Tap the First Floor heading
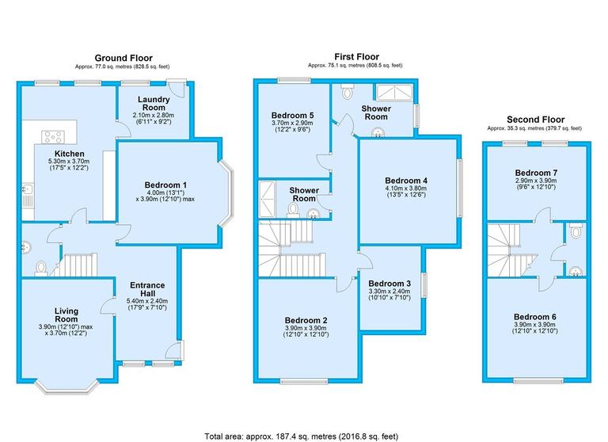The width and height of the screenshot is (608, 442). (355, 57)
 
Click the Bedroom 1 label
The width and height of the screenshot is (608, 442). (165, 185)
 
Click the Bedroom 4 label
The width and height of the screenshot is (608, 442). (407, 180)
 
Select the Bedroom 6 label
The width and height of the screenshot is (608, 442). (535, 317)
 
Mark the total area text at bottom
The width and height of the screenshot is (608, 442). (302, 436)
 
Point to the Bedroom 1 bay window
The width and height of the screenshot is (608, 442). (226, 190)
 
